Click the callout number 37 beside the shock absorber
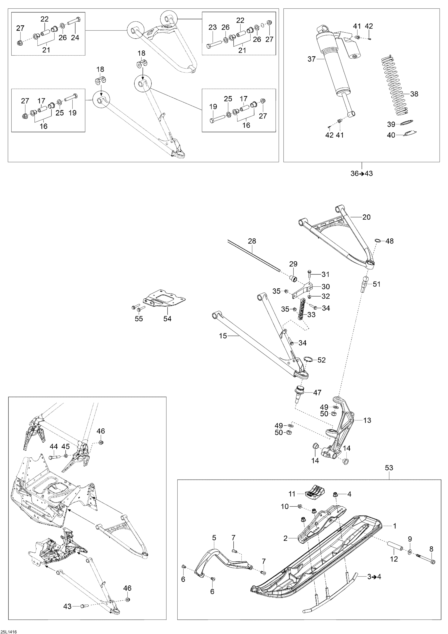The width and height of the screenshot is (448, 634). coord(311,59)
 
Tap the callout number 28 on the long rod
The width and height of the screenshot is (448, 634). coord(252,241)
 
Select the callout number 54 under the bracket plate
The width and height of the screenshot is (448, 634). coord(167,319)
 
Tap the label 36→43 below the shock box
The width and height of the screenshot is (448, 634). coord(361,174)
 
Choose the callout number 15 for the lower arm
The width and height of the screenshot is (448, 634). coord(223,336)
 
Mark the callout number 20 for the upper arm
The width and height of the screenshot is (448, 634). coord(366,217)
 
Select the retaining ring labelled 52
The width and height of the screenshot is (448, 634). coord(308,359)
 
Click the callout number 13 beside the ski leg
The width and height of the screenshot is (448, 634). coord(367,420)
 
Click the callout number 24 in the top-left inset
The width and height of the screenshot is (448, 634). coord(75,38)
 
